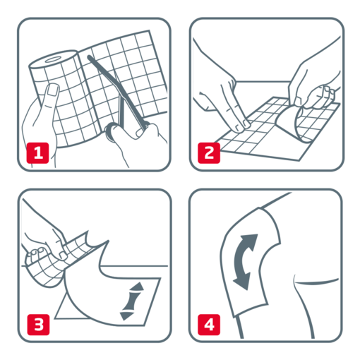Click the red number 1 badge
(37, 150)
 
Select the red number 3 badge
(37, 323)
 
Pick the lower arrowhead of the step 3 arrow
(126, 315)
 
